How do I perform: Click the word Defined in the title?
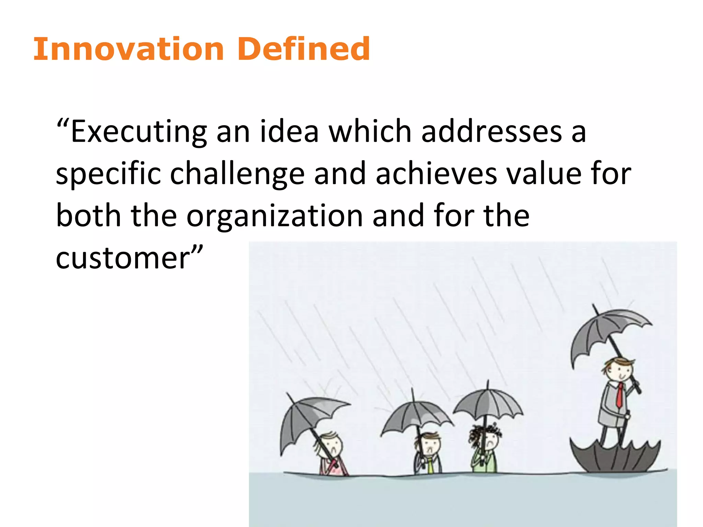tap(303, 49)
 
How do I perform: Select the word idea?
tap(289, 132)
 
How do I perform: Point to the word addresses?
tap(492, 132)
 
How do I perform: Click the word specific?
tap(108, 174)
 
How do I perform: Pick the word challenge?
tap(237, 174)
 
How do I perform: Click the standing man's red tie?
tap(619, 395)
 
